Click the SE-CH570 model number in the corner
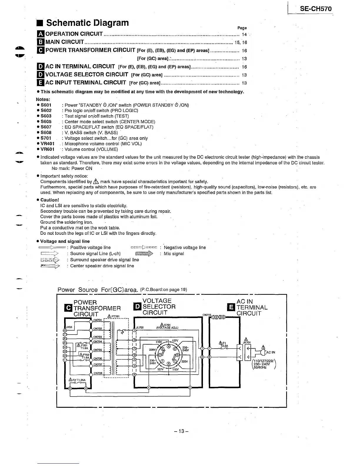(x=316, y=9)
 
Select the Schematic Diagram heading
(x=87, y=23)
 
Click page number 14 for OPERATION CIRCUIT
(x=244, y=34)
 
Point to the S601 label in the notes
(x=46, y=105)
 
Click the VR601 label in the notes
(x=47, y=149)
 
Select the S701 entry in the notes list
(x=46, y=138)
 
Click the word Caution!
(x=50, y=200)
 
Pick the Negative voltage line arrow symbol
(x=144, y=247)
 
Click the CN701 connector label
(x=97, y=320)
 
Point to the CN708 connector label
(x=97, y=373)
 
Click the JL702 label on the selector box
(x=139, y=327)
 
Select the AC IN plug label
(x=271, y=352)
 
